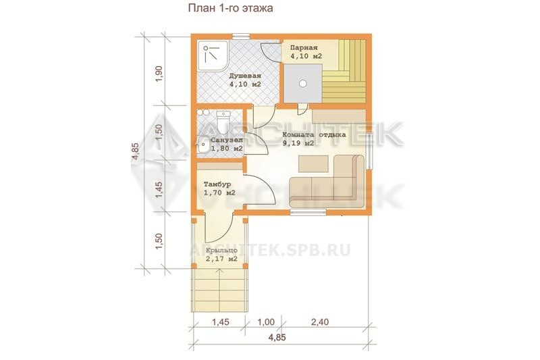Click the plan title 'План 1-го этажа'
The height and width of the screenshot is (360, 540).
[x=230, y=8]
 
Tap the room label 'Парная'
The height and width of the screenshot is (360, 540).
[x=303, y=48]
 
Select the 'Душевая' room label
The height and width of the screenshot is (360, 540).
[x=245, y=76]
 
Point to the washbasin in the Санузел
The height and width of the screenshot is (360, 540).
[x=202, y=145]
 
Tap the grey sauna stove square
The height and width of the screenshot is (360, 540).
[x=302, y=83]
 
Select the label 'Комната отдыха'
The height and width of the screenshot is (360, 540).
[x=314, y=134]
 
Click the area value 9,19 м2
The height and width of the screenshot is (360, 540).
[x=298, y=143]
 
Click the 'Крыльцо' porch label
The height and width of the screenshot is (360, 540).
[x=221, y=251]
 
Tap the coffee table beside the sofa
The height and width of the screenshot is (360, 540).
[x=313, y=163]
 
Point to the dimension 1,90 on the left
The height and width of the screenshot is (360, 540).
[x=159, y=74]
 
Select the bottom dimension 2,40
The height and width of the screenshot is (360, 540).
[x=320, y=322]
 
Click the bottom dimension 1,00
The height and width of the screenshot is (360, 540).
[x=266, y=322]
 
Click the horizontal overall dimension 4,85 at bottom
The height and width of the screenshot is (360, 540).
[x=277, y=337]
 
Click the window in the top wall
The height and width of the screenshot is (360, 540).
[x=241, y=36]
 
